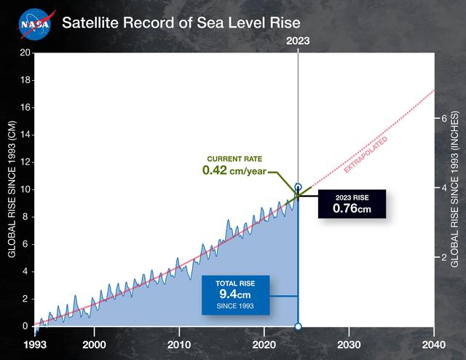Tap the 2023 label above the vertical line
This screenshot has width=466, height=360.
[x=298, y=42]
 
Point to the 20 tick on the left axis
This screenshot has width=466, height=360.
[x=25, y=53]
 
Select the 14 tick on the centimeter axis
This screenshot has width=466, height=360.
[x=25, y=135]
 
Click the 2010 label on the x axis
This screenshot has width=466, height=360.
[x=179, y=344]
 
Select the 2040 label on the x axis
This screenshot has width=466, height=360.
[x=434, y=344]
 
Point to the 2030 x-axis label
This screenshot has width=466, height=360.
[x=349, y=344]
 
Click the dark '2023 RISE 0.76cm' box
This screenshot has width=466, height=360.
[x=352, y=204]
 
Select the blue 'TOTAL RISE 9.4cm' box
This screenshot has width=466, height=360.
[x=235, y=295]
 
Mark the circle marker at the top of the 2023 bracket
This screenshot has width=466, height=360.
[x=298, y=188]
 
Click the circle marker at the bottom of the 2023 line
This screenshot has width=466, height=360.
[x=298, y=326]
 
